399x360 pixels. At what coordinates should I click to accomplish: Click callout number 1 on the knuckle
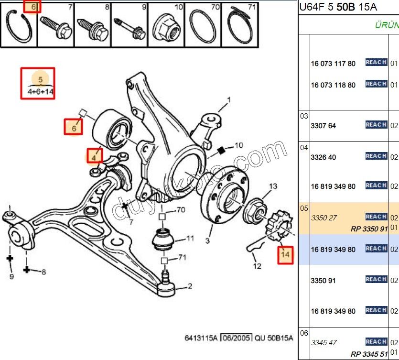[x=229, y=100]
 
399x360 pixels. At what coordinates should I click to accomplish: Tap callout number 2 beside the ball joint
[x=190, y=286]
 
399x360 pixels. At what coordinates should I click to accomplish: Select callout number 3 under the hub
[x=207, y=240]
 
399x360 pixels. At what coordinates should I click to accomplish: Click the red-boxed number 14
[x=285, y=255]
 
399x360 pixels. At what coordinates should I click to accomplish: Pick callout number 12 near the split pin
[x=257, y=266]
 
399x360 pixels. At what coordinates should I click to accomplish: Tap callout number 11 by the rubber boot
[x=190, y=238]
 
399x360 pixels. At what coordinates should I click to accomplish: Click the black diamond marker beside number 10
[x=221, y=151]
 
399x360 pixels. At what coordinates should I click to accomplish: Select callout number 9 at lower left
[x=11, y=276]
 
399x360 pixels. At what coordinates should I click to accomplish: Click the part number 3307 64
[x=324, y=126]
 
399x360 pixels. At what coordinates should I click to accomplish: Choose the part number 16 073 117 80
[x=333, y=64]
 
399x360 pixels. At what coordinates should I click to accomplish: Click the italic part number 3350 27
[x=324, y=218]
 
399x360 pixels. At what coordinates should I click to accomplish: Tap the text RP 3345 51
[x=369, y=354]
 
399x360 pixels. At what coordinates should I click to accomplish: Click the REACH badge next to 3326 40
[x=376, y=156]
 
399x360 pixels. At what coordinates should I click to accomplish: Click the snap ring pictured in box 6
[x=19, y=28]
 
